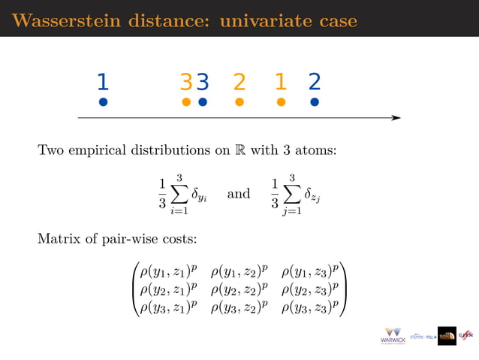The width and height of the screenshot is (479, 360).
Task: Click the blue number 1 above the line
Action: (x=104, y=81)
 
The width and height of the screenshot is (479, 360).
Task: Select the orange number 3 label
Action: (x=186, y=81)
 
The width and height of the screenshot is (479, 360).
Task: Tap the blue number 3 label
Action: (x=202, y=81)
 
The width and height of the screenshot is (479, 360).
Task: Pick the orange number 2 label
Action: (x=239, y=81)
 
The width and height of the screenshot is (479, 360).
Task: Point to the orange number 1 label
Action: (x=280, y=81)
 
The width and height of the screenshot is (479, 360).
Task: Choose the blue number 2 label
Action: (x=315, y=81)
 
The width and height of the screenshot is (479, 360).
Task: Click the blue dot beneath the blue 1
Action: (x=104, y=102)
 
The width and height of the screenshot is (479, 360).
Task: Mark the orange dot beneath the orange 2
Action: (x=239, y=102)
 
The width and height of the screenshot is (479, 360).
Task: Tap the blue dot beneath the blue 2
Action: (x=315, y=102)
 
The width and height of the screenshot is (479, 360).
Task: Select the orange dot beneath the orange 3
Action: (x=186, y=102)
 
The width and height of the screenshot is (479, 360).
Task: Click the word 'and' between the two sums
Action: (x=238, y=194)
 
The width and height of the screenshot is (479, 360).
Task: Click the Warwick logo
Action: (x=393, y=336)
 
